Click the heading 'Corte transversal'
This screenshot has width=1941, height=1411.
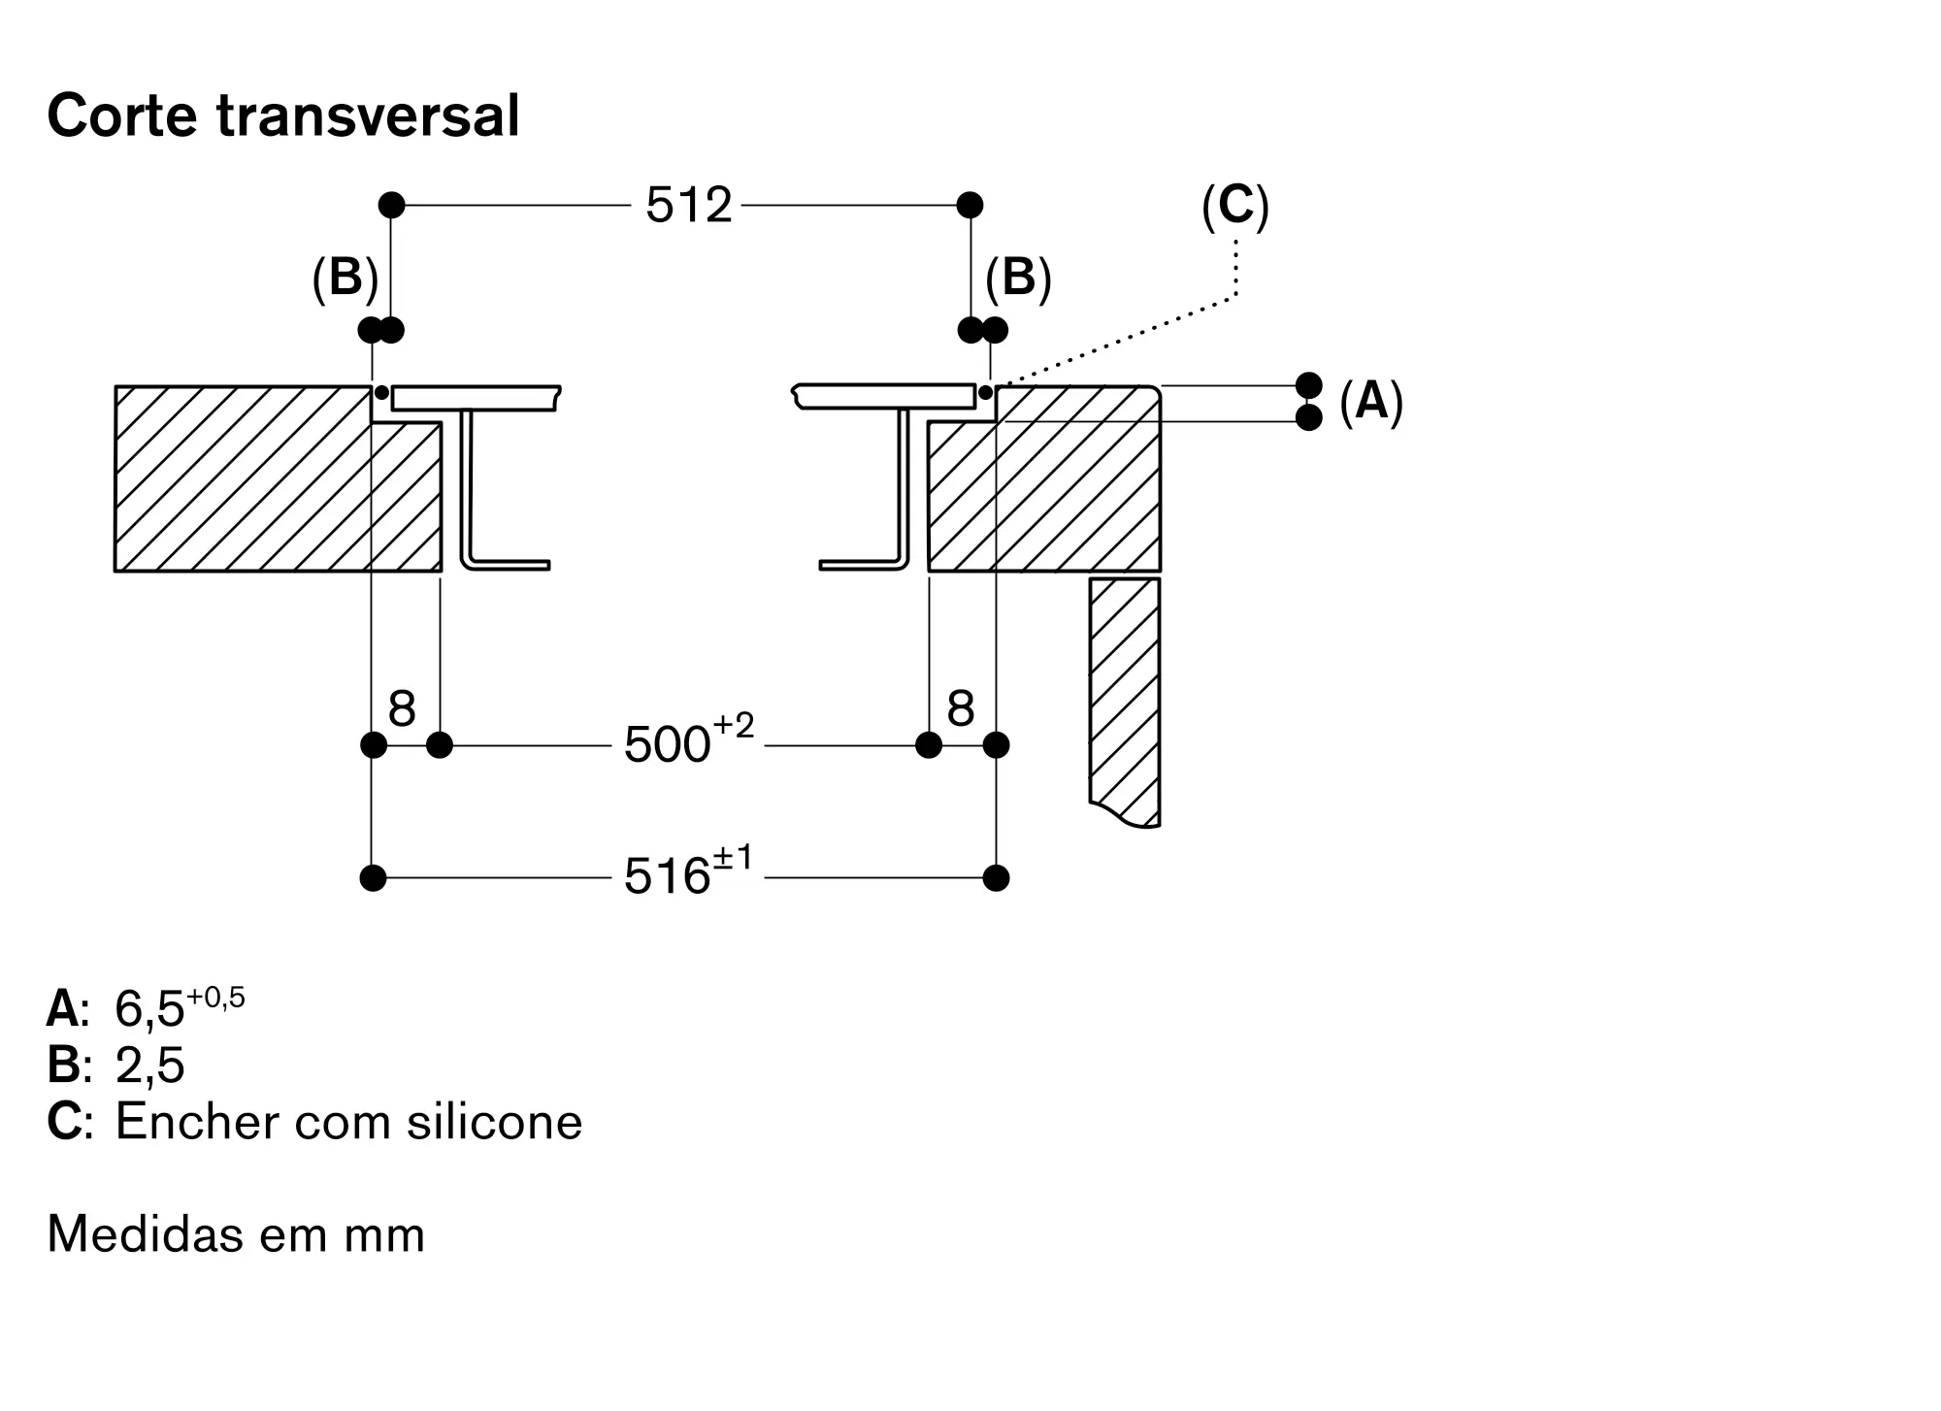click(283, 116)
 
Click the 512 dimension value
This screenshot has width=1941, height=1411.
click(689, 206)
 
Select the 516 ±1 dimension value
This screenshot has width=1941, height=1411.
click(689, 871)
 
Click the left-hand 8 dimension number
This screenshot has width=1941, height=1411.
click(402, 708)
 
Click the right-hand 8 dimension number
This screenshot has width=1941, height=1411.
click(961, 708)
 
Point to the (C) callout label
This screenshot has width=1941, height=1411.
click(1235, 207)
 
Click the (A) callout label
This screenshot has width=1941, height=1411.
click(1371, 401)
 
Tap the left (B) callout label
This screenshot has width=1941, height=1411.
click(345, 279)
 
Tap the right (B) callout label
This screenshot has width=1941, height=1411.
click(1019, 279)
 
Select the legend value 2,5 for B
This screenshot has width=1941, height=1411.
click(149, 1066)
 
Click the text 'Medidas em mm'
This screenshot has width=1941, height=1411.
click(236, 1234)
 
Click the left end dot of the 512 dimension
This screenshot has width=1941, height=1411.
click(391, 205)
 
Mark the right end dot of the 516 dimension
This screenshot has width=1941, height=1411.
click(996, 878)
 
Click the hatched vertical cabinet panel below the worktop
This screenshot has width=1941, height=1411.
click(1125, 701)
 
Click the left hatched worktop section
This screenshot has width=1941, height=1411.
click(278, 478)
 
